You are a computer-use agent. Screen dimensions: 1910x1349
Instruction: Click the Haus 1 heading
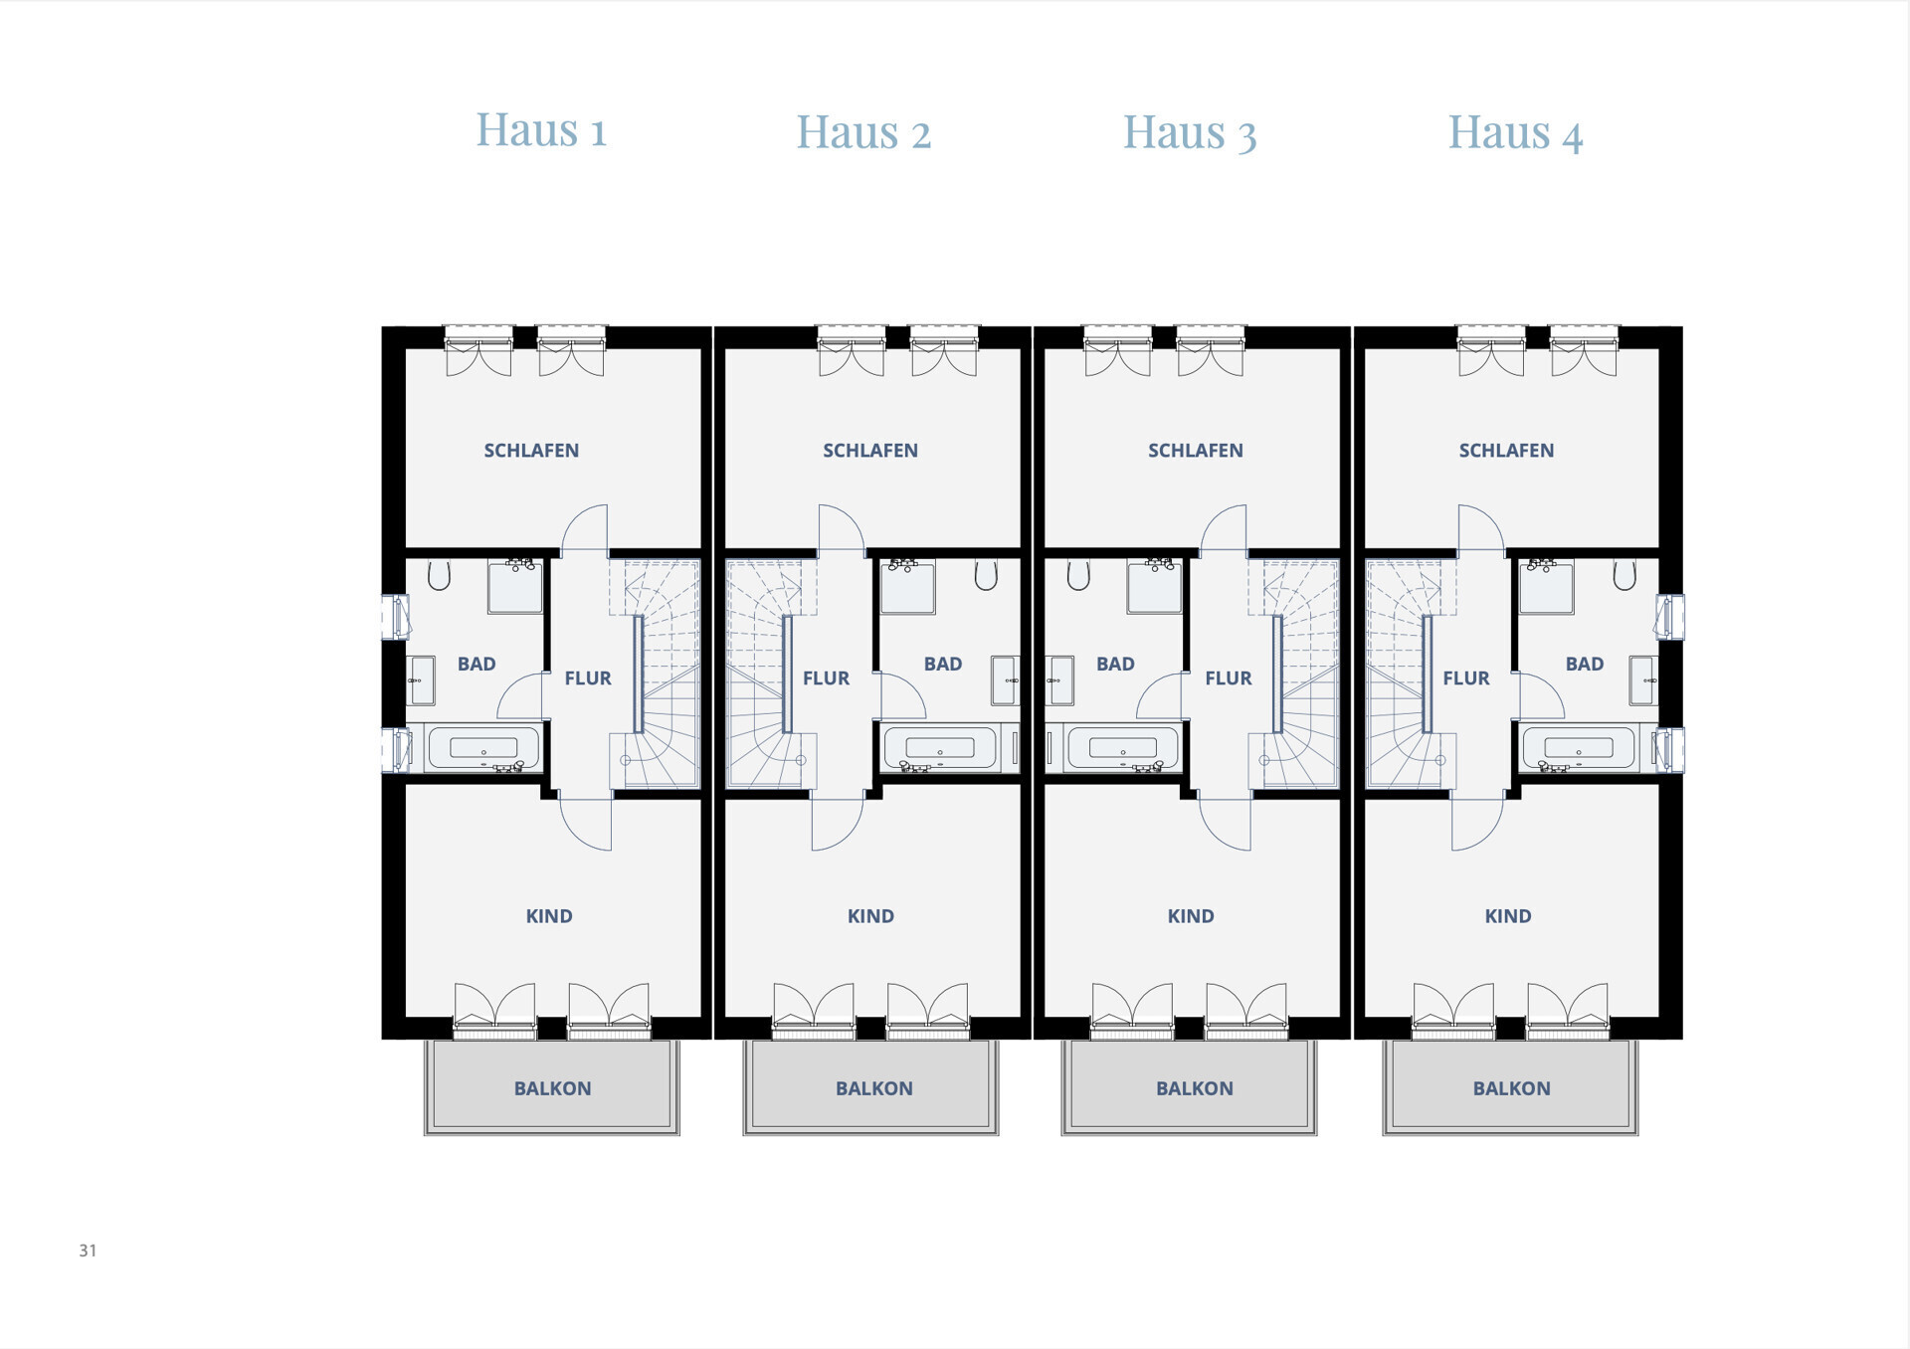(x=541, y=130)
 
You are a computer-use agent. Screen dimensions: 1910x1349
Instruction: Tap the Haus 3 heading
(x=1190, y=132)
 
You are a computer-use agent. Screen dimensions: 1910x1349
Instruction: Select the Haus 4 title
(x=1515, y=132)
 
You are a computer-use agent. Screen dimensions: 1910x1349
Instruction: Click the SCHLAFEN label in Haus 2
(x=870, y=451)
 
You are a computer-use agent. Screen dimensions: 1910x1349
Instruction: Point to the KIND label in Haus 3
(x=1191, y=916)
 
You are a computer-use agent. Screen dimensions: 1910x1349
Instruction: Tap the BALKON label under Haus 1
(x=552, y=1088)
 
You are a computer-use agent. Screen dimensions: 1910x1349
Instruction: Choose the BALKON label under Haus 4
(x=1511, y=1088)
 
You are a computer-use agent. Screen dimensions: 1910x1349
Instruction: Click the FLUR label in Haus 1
(x=588, y=678)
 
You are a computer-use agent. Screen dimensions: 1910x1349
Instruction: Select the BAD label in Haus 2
(x=943, y=664)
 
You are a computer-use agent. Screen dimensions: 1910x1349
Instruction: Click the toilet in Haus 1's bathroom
(x=439, y=575)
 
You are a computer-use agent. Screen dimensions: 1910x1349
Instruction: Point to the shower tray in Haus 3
(x=1154, y=587)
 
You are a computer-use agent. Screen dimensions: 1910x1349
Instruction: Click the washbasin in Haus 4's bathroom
(x=1642, y=680)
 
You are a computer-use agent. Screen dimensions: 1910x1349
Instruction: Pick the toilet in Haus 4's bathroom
(x=1624, y=575)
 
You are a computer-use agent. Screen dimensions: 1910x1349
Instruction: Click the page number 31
(x=88, y=1251)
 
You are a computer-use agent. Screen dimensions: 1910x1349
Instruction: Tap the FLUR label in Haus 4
(x=1466, y=678)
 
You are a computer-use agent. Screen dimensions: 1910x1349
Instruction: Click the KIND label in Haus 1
(x=549, y=916)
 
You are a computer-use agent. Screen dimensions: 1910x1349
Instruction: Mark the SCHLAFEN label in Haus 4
(x=1506, y=451)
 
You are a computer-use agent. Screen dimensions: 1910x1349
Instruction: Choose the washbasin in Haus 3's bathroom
(x=1060, y=680)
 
